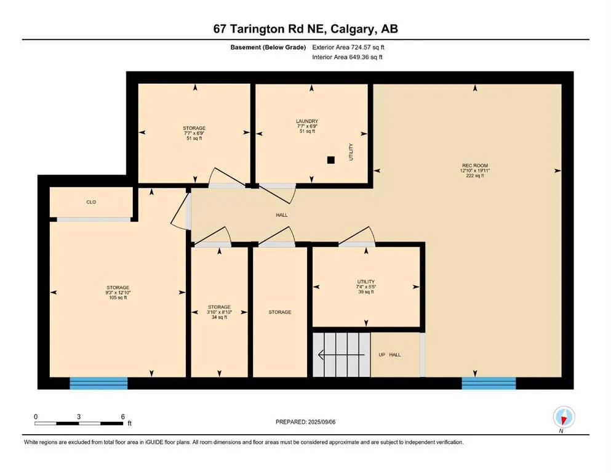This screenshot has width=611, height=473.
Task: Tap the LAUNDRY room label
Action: pyautogui.click(x=306, y=121)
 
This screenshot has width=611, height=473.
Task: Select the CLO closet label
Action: pyautogui.click(x=91, y=202)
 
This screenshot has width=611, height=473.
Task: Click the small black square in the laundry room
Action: pyautogui.click(x=331, y=160)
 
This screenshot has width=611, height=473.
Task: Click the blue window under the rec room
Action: pyautogui.click(x=489, y=383)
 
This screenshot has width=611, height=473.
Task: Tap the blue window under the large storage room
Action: pyautogui.click(x=98, y=383)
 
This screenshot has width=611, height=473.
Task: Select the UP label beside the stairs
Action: pyautogui.click(x=382, y=355)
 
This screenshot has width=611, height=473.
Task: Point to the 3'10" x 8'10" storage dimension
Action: pyautogui.click(x=219, y=312)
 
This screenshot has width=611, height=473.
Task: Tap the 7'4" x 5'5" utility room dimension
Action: pyautogui.click(x=366, y=286)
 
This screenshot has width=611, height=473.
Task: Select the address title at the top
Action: pyautogui.click(x=305, y=29)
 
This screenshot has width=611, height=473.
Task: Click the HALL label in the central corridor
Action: pyautogui.click(x=282, y=215)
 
